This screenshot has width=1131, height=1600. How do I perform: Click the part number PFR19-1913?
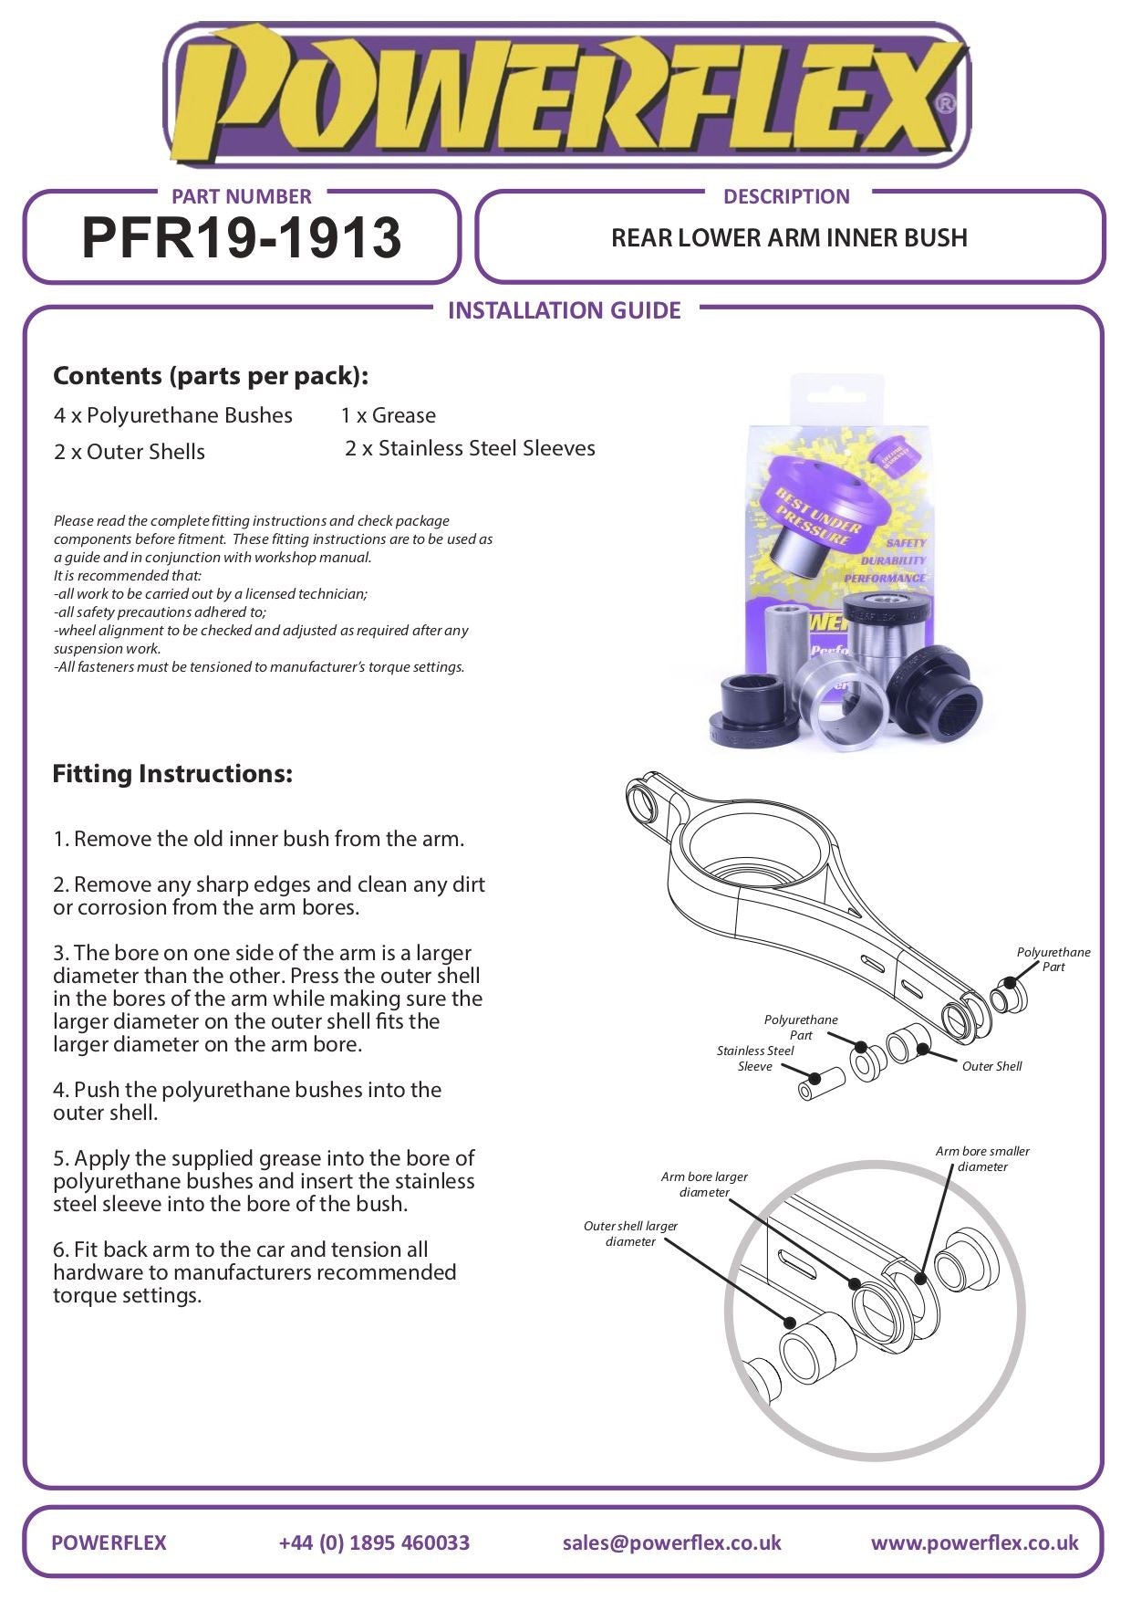pyautogui.click(x=241, y=238)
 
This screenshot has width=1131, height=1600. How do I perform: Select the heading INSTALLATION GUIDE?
pyautogui.click(x=564, y=310)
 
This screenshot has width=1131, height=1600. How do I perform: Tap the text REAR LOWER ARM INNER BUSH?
pyautogui.click(x=789, y=238)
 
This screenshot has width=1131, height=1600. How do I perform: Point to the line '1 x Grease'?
pyautogui.click(x=388, y=415)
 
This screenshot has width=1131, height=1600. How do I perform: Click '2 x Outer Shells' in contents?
pyautogui.click(x=129, y=451)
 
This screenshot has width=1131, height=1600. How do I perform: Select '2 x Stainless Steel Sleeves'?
pyautogui.click(x=470, y=448)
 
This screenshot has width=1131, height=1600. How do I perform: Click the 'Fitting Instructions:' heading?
pyautogui.click(x=172, y=774)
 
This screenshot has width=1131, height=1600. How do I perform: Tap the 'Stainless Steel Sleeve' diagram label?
pyautogui.click(x=754, y=1059)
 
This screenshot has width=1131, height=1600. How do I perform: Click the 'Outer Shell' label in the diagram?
pyautogui.click(x=991, y=1066)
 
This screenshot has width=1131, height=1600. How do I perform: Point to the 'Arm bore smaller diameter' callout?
pyautogui.click(x=982, y=1159)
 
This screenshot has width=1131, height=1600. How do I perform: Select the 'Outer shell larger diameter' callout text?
pyautogui.click(x=630, y=1233)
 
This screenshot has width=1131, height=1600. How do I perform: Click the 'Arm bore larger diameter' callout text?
pyautogui.click(x=704, y=1185)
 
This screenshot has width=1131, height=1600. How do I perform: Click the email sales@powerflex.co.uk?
pyautogui.click(x=671, y=1542)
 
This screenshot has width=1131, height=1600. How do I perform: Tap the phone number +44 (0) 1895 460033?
pyautogui.click(x=374, y=1542)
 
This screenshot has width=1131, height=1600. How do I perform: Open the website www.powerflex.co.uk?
pyautogui.click(x=974, y=1542)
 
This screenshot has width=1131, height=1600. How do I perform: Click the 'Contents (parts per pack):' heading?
pyautogui.click(x=211, y=375)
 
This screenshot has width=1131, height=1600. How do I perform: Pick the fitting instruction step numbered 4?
pyautogui.click(x=246, y=1101)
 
